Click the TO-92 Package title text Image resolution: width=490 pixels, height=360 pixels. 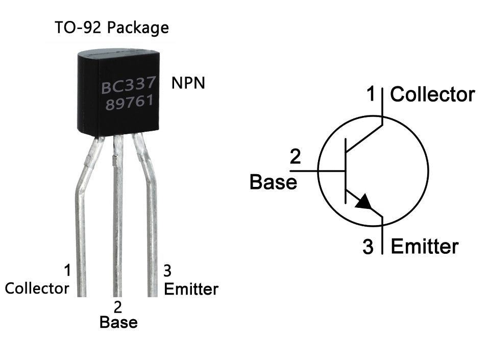[x=111, y=28]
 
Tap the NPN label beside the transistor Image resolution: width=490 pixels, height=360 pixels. [x=188, y=83]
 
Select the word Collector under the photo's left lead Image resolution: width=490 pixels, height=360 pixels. [x=37, y=288]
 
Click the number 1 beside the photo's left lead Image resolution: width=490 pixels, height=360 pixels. [x=67, y=270]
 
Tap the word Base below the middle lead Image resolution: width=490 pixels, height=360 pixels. [x=118, y=323]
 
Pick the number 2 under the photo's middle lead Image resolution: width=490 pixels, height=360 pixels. [x=118, y=307]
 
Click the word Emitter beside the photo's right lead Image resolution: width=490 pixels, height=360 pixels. [x=191, y=289]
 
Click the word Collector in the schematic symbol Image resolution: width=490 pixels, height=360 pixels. [x=432, y=94]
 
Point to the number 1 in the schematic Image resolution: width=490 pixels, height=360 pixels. [x=371, y=94]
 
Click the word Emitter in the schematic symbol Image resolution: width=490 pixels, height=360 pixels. [x=424, y=247]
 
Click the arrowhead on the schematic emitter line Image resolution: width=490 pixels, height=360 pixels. [x=363, y=202]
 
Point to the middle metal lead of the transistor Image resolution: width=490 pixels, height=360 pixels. [x=118, y=214]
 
